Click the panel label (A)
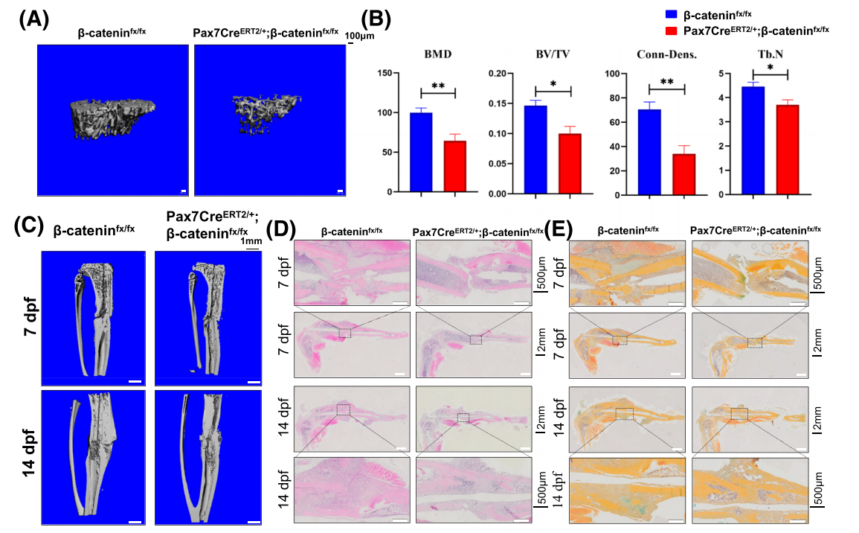click(34, 20)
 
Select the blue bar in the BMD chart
click(422, 153)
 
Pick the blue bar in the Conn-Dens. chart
click(650, 153)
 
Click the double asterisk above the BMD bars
click(438, 86)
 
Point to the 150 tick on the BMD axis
click(384, 73)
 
